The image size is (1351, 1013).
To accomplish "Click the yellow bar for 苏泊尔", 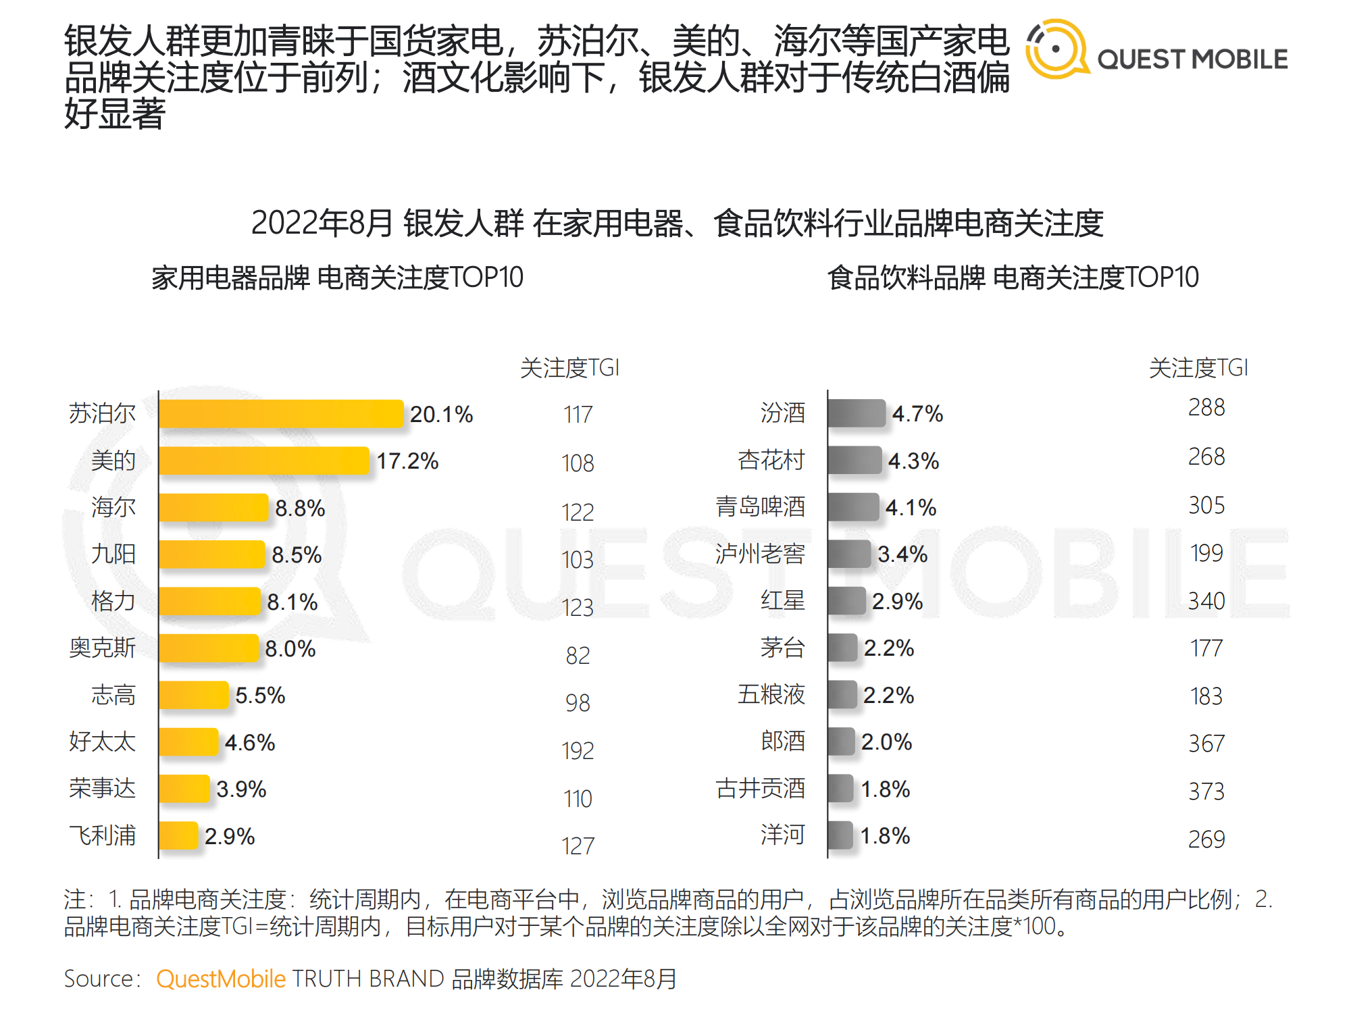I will (x=281, y=414).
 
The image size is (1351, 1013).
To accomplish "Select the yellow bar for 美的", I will (x=264, y=461).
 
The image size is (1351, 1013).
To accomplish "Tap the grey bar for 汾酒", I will (x=857, y=413).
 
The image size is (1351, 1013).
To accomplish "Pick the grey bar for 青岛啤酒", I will (x=853, y=507).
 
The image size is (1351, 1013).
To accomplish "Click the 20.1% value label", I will (x=441, y=414).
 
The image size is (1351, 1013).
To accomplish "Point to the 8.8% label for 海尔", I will (x=300, y=508).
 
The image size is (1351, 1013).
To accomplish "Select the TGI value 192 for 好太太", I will (x=578, y=750).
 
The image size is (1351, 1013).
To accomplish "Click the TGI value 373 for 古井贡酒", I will (x=1206, y=791).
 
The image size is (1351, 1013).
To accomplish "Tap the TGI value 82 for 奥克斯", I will (x=578, y=655).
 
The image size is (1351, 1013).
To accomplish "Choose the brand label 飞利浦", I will (x=102, y=835).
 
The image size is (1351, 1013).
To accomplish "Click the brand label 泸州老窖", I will (x=760, y=554).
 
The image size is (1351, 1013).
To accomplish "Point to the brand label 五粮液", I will (x=771, y=694).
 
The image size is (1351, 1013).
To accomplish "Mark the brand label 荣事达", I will (x=102, y=788).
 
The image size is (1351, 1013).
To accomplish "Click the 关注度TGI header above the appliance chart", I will (x=569, y=368).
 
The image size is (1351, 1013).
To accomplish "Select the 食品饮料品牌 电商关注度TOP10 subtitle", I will (x=1013, y=278).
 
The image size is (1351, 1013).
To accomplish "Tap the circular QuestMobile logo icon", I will (x=1056, y=49).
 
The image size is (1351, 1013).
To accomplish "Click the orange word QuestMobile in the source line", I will (x=221, y=979).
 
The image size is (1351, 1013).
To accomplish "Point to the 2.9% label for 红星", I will (x=897, y=601).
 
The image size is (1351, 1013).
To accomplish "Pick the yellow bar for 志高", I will (x=195, y=695).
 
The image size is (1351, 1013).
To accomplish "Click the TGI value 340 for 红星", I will (x=1206, y=601).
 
